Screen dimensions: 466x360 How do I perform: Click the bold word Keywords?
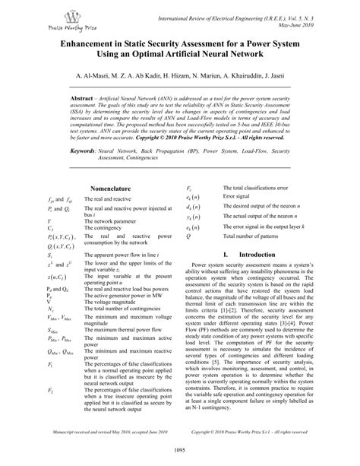pos(81,152)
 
